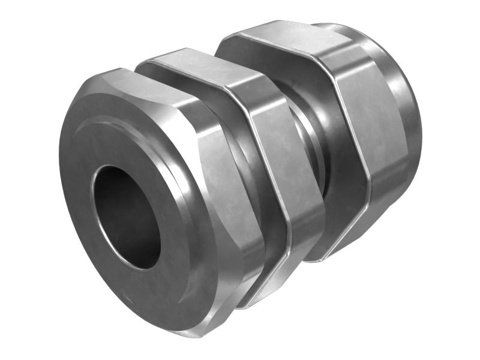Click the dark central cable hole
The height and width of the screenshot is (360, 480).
pyautogui.click(x=126, y=216)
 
